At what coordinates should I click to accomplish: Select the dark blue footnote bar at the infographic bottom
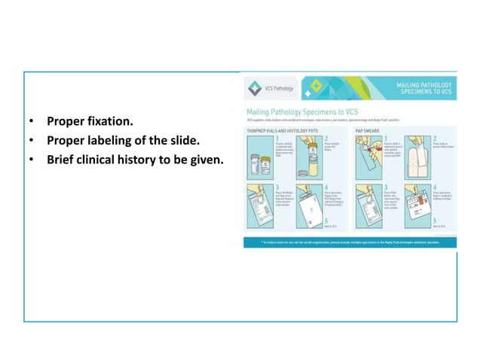point(349,243)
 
